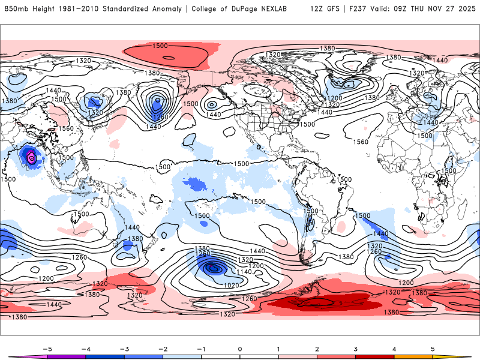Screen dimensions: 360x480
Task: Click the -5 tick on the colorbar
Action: pyautogui.click(x=47, y=348)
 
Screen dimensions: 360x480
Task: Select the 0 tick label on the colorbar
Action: pyautogui.click(x=240, y=348)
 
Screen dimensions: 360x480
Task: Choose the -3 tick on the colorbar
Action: pyautogui.click(x=124, y=348)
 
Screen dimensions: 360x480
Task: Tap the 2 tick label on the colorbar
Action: pyautogui.click(x=317, y=348)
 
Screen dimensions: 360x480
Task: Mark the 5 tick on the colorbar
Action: pyautogui.click(x=433, y=348)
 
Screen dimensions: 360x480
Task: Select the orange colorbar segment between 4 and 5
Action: pyautogui.click(x=413, y=357)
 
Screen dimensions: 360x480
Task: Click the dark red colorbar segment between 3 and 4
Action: pyautogui.click(x=375, y=357)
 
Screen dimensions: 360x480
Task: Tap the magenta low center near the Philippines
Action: pyautogui.click(x=31, y=158)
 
